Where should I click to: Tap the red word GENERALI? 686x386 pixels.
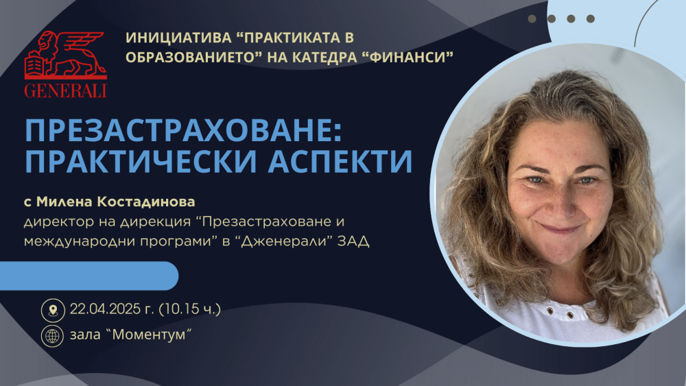(x=66, y=91)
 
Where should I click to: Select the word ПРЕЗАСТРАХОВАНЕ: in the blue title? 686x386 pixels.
(x=183, y=130)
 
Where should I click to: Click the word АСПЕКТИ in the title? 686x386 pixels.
(x=340, y=161)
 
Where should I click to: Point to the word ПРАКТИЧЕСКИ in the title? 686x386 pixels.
(x=141, y=161)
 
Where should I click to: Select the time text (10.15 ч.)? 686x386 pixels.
(x=189, y=309)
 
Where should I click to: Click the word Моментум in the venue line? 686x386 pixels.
(x=152, y=335)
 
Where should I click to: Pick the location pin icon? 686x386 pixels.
(x=53, y=310)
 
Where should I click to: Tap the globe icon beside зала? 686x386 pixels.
(x=53, y=336)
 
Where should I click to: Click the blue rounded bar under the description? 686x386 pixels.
(x=89, y=276)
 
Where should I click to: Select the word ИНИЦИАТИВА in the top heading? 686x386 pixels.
(x=178, y=38)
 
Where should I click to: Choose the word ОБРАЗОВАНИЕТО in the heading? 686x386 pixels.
(x=190, y=57)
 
